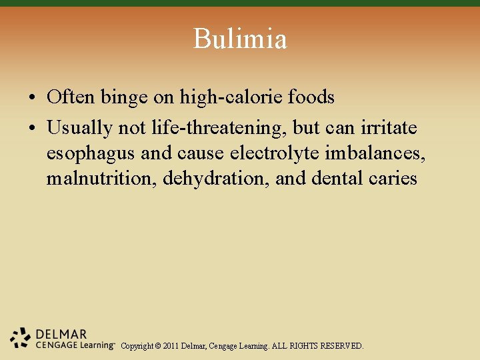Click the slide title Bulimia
coord(240,39)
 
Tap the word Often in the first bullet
coord(71,97)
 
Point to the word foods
coord(311,97)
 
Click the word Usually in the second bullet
coord(79,127)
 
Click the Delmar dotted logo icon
coord(21,337)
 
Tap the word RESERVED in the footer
coord(341,346)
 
